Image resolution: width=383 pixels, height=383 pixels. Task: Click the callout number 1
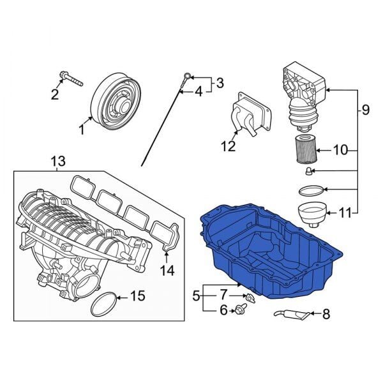click(x=81, y=130)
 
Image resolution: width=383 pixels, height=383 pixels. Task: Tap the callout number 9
click(x=365, y=110)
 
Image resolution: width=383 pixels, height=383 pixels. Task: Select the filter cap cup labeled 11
click(x=312, y=213)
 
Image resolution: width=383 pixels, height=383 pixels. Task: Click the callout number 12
click(x=228, y=147)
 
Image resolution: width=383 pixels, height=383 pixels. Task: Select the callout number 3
click(x=220, y=82)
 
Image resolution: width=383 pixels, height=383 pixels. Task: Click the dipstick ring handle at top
click(x=186, y=77)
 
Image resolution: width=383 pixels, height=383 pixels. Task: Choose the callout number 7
click(x=223, y=295)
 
